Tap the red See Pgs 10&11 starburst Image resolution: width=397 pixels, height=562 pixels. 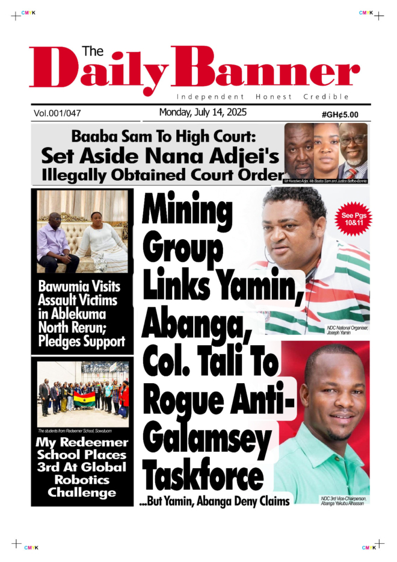pyautogui.click(x=353, y=219)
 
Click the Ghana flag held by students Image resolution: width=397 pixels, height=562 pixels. pyautogui.click(x=84, y=398)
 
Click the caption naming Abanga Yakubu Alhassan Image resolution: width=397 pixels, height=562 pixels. pyautogui.click(x=342, y=501)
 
